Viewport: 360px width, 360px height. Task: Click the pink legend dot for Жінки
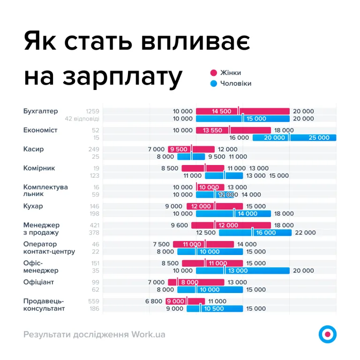214,73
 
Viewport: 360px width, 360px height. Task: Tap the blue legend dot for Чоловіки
214,83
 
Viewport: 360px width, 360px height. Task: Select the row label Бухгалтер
41,111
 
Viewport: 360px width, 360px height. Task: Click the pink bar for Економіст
233,130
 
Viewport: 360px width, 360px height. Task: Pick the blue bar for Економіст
294,138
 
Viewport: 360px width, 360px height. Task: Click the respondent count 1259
92,111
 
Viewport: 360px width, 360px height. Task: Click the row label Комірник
39,168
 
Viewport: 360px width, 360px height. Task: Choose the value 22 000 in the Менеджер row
305,232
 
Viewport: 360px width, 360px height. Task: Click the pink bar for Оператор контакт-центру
203,244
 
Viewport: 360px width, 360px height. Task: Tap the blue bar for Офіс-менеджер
242,270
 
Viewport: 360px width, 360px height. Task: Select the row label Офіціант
39,282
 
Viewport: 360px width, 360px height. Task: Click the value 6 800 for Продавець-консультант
154,301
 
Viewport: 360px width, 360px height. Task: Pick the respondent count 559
94,301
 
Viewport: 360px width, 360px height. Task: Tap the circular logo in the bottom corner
327,334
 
